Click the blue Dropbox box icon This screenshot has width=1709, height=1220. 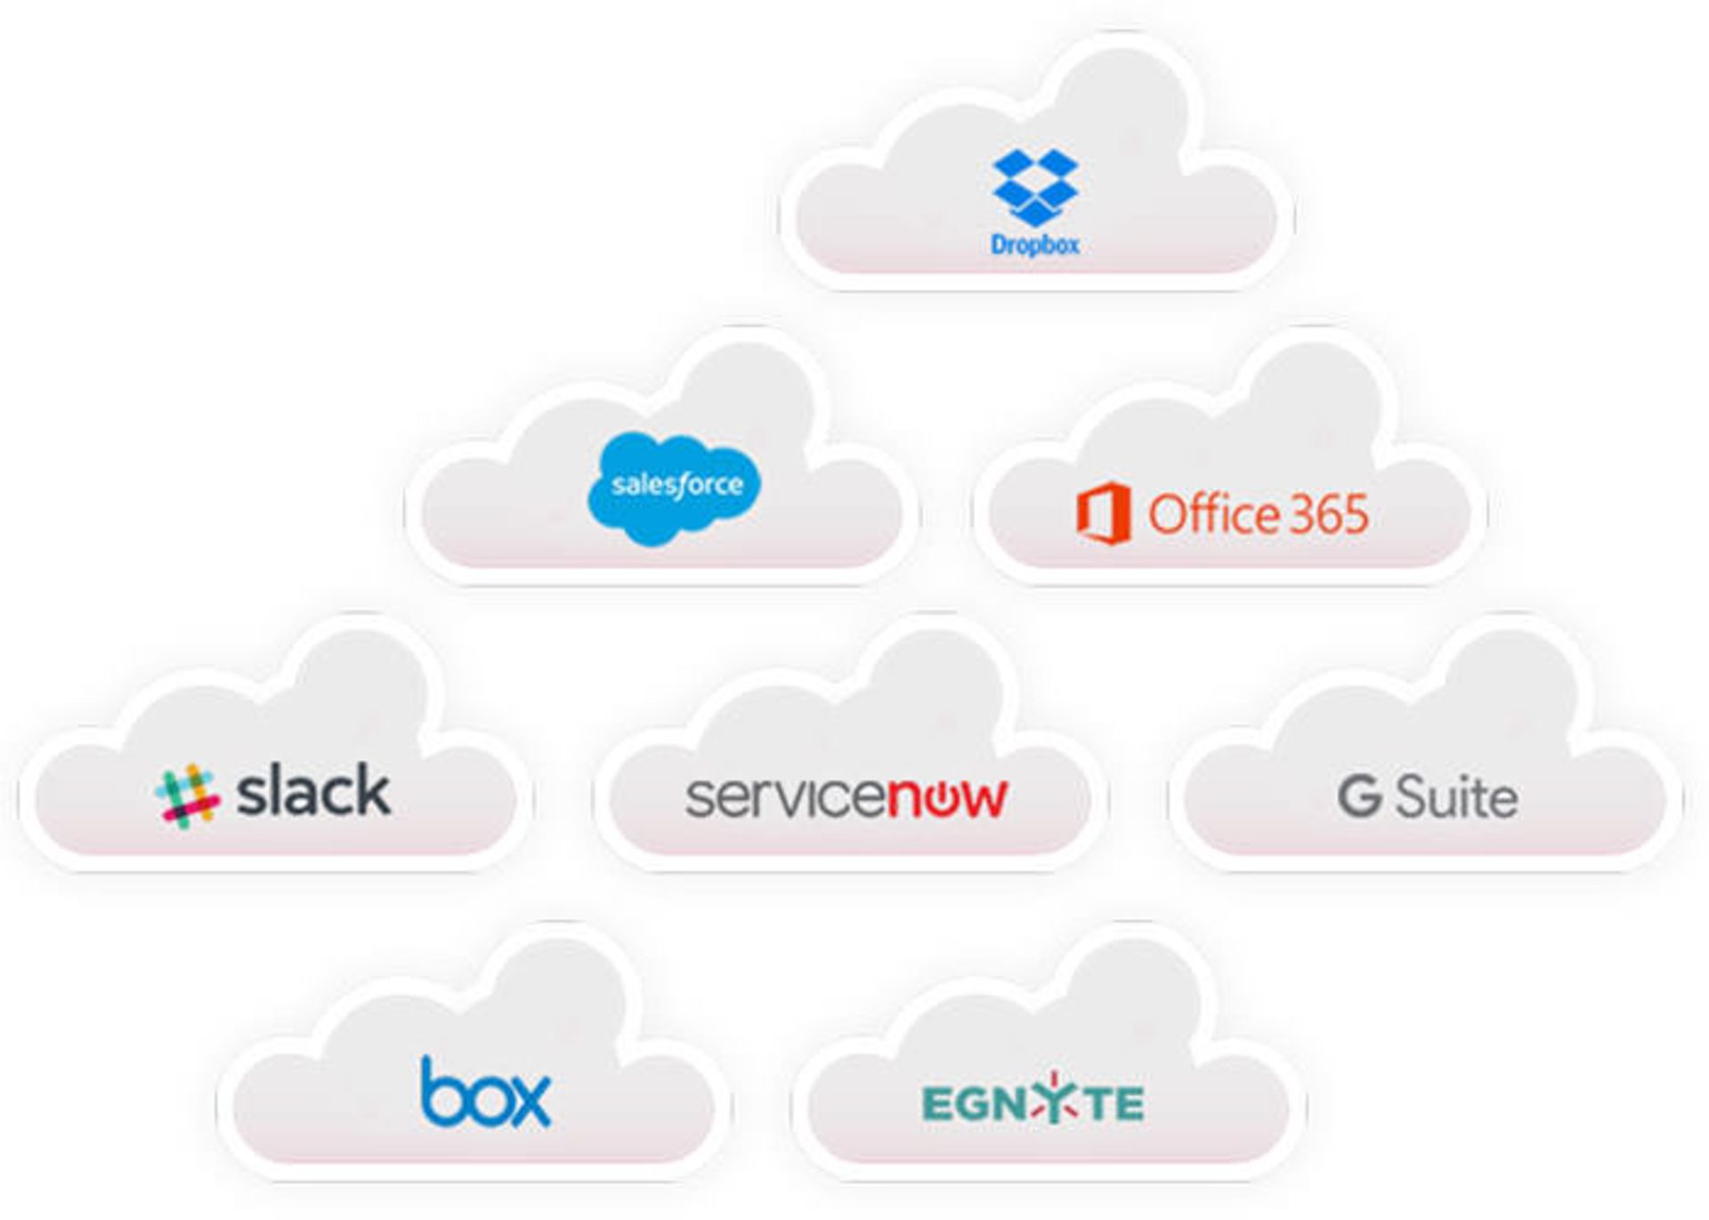(x=1034, y=187)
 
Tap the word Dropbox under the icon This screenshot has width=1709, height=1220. (x=1034, y=245)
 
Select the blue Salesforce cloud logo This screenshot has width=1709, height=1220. (x=676, y=488)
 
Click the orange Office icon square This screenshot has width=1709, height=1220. (x=1104, y=513)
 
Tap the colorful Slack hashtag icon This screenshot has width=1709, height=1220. (x=187, y=796)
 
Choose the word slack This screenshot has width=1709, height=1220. (x=313, y=791)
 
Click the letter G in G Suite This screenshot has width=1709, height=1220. (x=1359, y=796)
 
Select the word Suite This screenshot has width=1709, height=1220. (x=1456, y=796)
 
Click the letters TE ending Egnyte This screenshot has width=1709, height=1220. (x=1116, y=1104)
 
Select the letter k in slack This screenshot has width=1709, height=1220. (x=371, y=789)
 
